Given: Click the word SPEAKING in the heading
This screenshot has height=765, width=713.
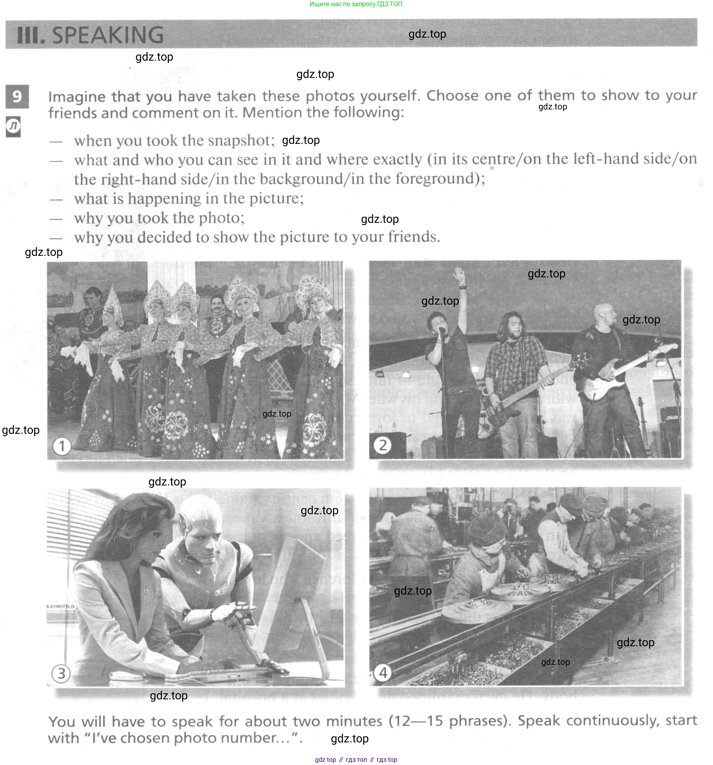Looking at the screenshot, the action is (107, 35).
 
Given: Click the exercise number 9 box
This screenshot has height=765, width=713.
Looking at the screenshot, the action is (17, 96).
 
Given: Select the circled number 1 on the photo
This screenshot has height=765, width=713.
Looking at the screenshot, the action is (62, 446).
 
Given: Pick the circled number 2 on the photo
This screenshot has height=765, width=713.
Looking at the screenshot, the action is (383, 445).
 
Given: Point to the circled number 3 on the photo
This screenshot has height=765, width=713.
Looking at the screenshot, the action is (61, 674).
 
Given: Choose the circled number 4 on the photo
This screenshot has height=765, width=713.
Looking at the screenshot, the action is (383, 673).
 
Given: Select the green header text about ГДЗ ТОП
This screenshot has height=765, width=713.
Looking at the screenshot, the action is (356, 4).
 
